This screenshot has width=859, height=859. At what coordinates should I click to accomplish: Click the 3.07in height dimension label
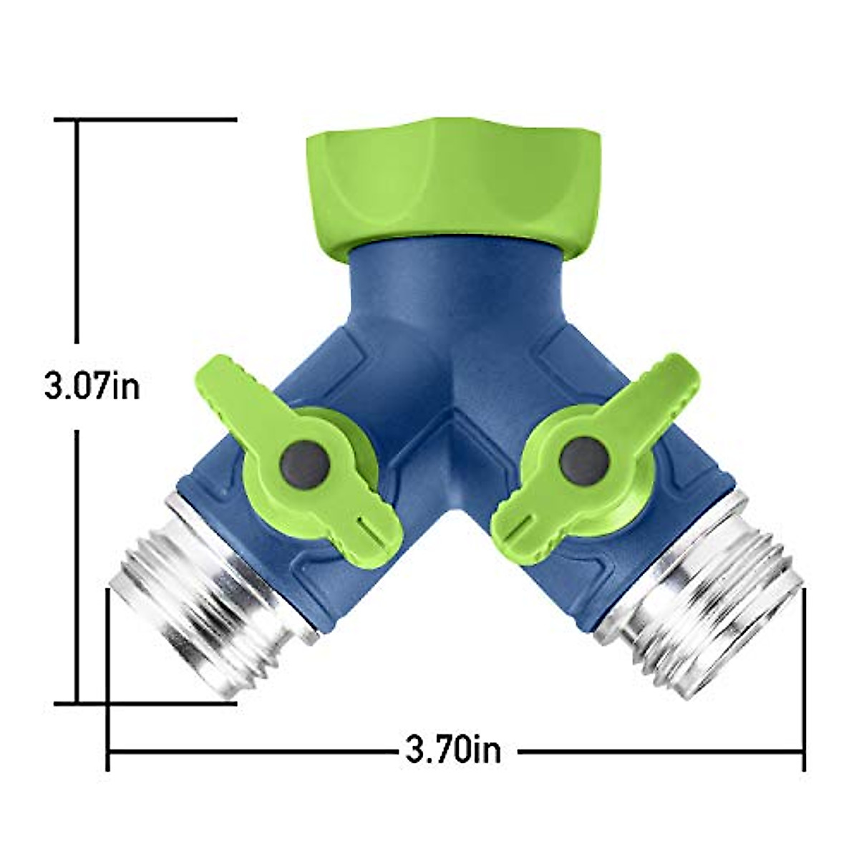pyautogui.click(x=92, y=387)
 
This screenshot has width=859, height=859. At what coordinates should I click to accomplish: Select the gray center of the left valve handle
pyautogui.click(x=306, y=465)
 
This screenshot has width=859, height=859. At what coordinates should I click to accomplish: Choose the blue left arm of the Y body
pyautogui.click(x=236, y=515)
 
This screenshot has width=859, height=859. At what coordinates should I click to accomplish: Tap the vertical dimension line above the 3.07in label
pyautogui.click(x=77, y=236)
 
